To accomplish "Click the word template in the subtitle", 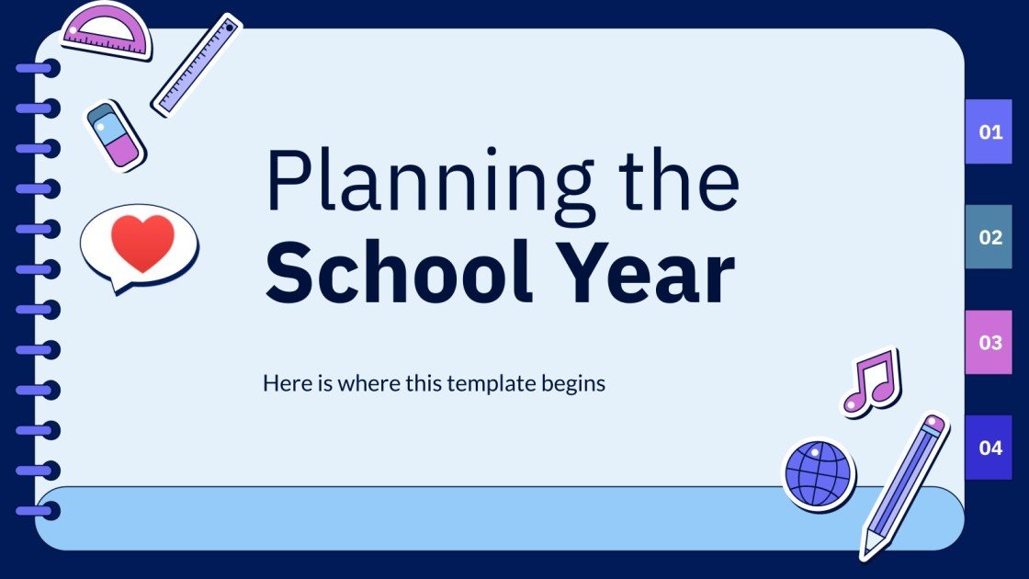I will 491,383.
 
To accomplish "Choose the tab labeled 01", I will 989,132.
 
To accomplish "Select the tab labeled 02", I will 989,237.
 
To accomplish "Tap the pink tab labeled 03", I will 989,343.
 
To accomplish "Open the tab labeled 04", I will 989,448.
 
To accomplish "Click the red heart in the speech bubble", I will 141,243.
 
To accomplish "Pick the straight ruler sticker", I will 196,64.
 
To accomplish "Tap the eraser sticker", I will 115,135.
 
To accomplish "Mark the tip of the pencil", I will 866,552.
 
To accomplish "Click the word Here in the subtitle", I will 283,383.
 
